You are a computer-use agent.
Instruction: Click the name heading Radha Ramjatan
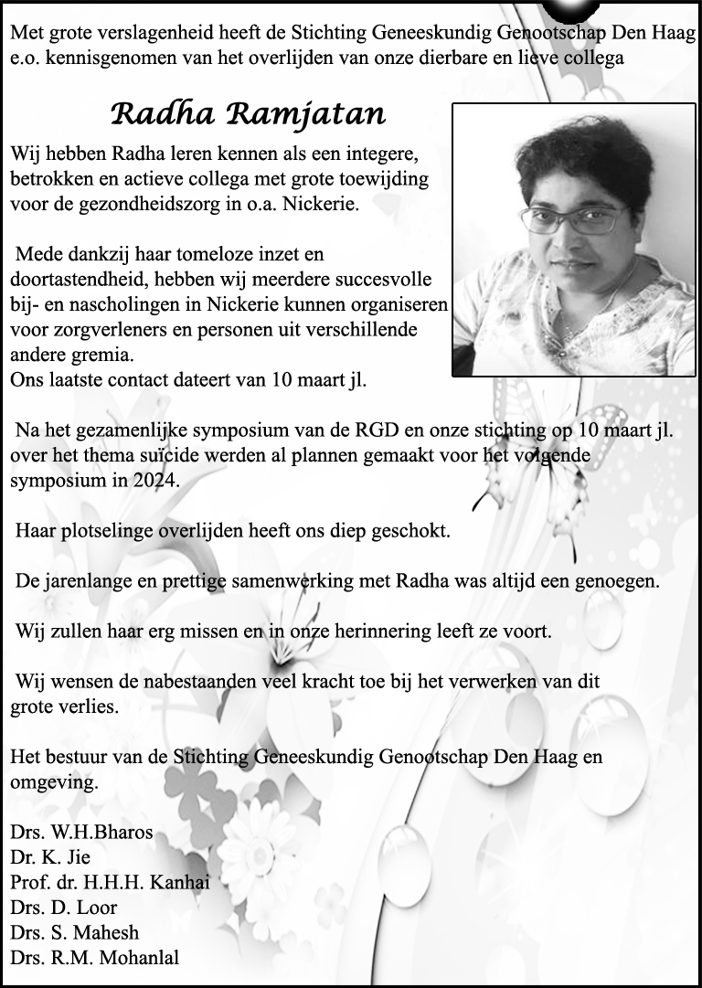click(x=248, y=115)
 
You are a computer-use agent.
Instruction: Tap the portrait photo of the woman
click(x=573, y=239)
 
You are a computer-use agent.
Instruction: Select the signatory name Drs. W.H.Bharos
click(x=81, y=834)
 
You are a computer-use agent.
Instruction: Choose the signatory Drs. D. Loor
click(x=64, y=908)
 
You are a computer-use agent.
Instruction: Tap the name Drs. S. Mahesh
click(x=75, y=932)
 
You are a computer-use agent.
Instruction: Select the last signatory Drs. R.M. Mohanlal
click(x=95, y=958)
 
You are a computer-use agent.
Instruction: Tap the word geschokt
click(x=409, y=530)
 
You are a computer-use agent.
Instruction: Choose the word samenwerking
click(x=329, y=580)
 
